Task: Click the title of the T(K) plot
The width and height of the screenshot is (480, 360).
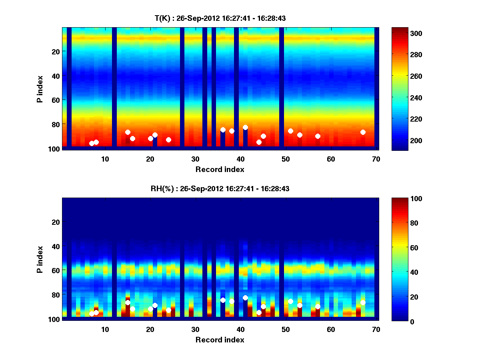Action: click(x=220, y=18)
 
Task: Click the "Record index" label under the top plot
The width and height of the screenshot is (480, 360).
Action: click(x=220, y=169)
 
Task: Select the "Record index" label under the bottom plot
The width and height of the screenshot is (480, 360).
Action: click(x=220, y=340)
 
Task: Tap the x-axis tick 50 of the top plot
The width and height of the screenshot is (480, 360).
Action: click(x=286, y=158)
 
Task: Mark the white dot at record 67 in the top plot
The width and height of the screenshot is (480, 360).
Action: click(x=363, y=132)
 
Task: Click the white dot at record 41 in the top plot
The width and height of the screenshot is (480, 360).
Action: click(x=245, y=127)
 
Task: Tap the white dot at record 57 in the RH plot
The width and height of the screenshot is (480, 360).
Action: click(x=318, y=306)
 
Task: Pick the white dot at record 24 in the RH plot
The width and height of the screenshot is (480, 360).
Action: click(x=168, y=310)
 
